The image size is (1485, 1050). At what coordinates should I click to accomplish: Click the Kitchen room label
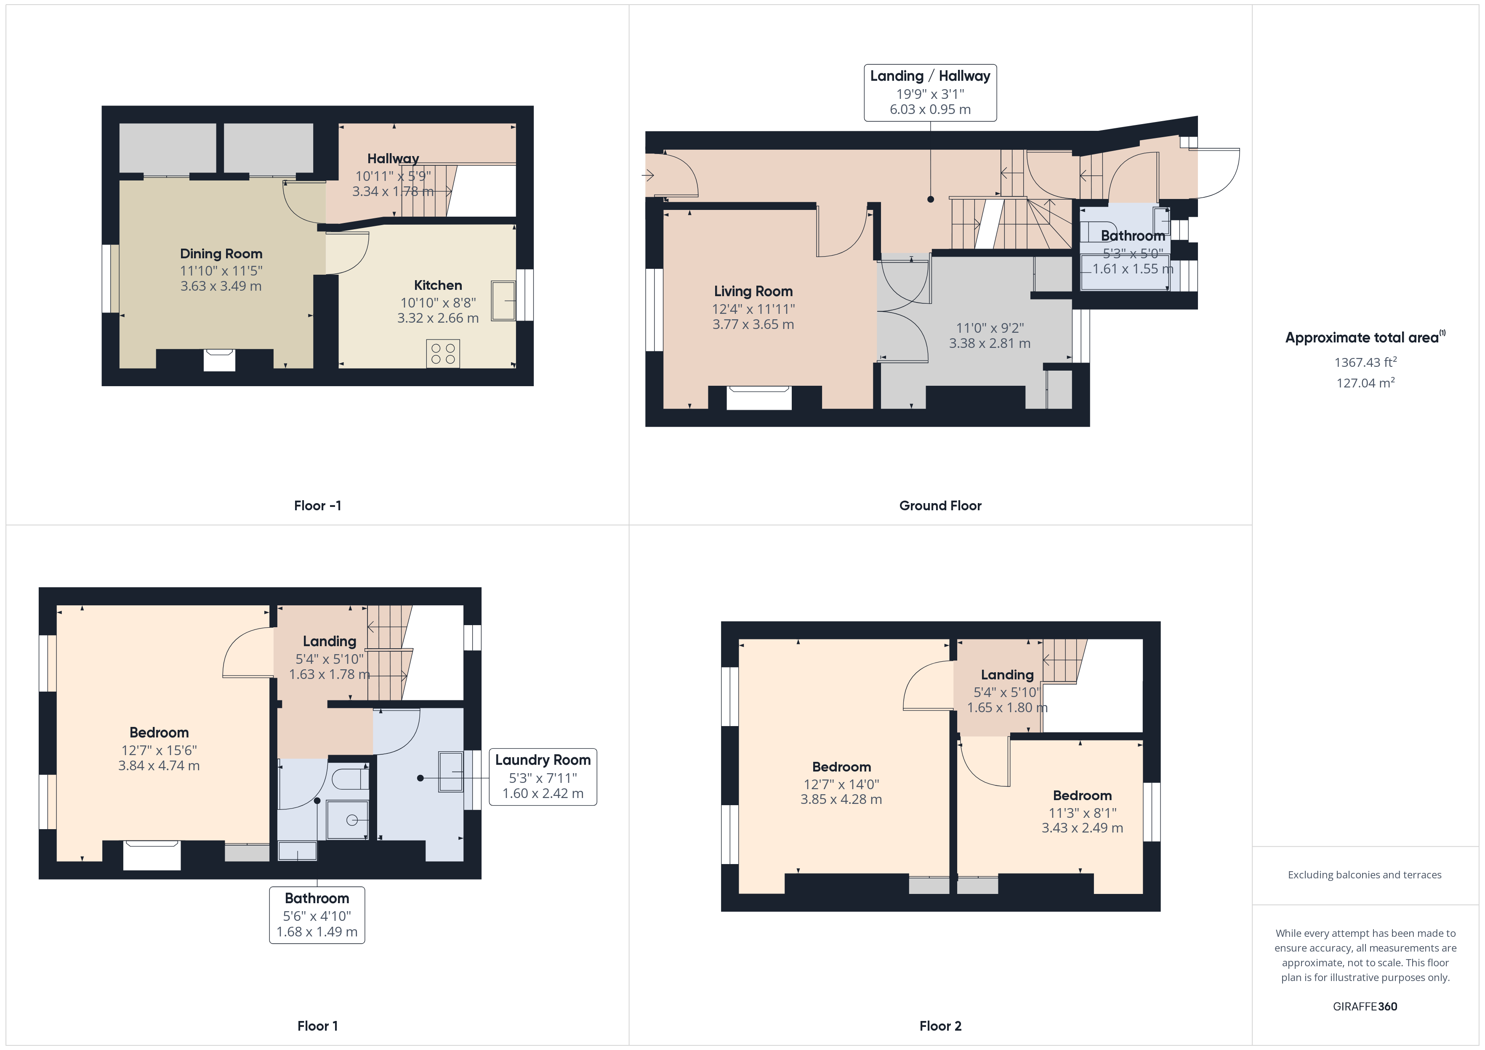pyautogui.click(x=438, y=285)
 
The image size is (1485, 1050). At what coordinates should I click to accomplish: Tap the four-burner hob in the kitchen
pyautogui.click(x=443, y=354)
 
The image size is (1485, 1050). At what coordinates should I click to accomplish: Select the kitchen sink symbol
pyautogui.click(x=503, y=301)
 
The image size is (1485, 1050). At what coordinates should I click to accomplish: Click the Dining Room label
pyautogui.click(x=221, y=253)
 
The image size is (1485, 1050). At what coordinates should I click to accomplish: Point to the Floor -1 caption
pyautogui.click(x=317, y=506)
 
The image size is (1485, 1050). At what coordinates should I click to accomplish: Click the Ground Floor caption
pyautogui.click(x=940, y=506)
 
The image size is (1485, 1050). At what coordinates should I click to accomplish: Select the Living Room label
pyautogui.click(x=753, y=292)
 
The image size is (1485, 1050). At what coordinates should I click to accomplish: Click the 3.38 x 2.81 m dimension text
pyautogui.click(x=990, y=343)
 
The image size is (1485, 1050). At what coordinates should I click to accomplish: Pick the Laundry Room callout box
pyautogui.click(x=543, y=777)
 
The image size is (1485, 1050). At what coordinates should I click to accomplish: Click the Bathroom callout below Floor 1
pyautogui.click(x=317, y=915)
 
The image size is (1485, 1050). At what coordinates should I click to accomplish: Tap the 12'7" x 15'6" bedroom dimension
pyautogui.click(x=159, y=750)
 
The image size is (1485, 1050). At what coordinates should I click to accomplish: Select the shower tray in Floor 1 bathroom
pyautogui.click(x=348, y=820)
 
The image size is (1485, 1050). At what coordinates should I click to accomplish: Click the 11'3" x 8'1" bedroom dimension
pyautogui.click(x=1082, y=813)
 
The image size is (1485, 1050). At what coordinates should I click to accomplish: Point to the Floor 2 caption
pyautogui.click(x=940, y=1026)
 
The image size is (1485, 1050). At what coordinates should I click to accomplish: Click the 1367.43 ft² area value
pyautogui.click(x=1365, y=363)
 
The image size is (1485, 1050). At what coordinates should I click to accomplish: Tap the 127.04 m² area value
pyautogui.click(x=1365, y=383)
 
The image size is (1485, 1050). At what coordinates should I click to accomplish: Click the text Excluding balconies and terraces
pyautogui.click(x=1364, y=875)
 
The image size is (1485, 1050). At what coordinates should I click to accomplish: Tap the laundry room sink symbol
pyautogui.click(x=451, y=772)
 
